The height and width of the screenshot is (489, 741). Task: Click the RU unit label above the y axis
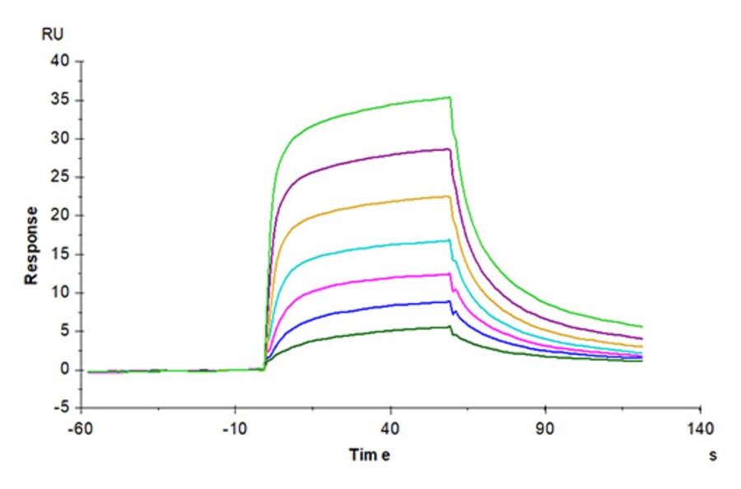point(52,34)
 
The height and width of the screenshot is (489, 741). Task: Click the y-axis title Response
point(31,245)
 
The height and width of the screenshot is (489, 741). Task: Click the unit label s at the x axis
point(712,455)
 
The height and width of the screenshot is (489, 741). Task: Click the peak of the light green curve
point(450,97)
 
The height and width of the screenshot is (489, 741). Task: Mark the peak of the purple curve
point(449,149)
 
